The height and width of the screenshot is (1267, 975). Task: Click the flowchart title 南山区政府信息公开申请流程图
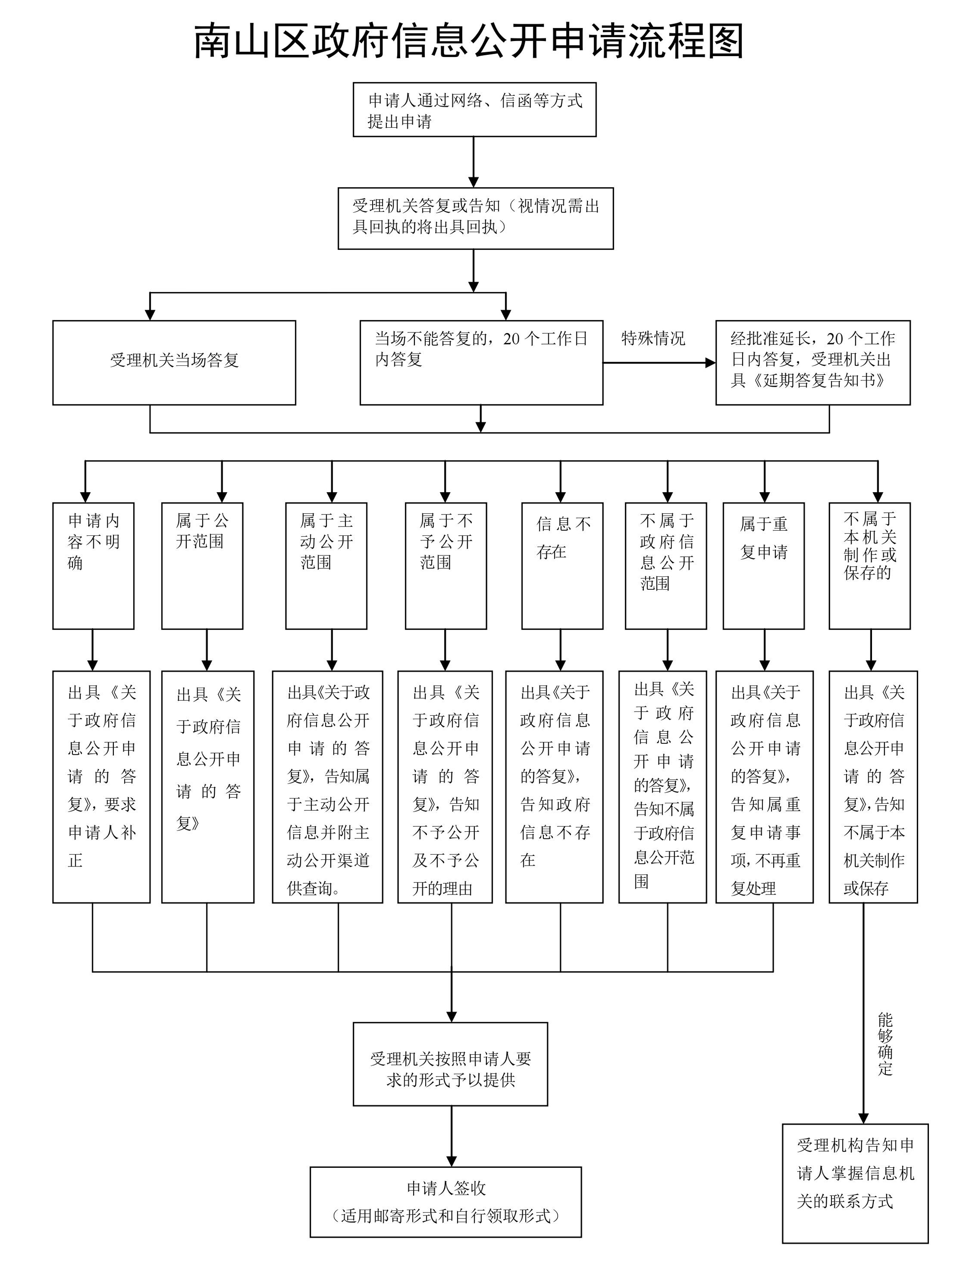pyautogui.click(x=468, y=42)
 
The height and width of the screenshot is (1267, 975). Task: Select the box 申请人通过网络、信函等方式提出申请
pyautogui.click(x=474, y=110)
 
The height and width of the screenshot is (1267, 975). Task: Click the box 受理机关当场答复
pyautogui.click(x=174, y=362)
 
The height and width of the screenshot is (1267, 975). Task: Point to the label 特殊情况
pyautogui.click(x=653, y=338)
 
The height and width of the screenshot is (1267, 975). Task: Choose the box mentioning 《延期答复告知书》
pyautogui.click(x=813, y=362)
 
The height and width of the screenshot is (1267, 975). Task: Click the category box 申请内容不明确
pyautogui.click(x=93, y=565)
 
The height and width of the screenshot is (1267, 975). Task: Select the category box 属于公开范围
pyautogui.click(x=202, y=565)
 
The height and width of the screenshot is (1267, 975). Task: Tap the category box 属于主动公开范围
pyautogui.click(x=326, y=565)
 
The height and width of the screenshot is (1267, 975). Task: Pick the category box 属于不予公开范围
pyautogui.click(x=446, y=565)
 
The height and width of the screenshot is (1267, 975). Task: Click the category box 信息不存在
pyautogui.click(x=562, y=565)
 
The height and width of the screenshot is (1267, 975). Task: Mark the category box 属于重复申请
pyautogui.click(x=763, y=565)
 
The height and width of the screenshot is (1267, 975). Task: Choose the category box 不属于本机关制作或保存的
pyautogui.click(x=870, y=565)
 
